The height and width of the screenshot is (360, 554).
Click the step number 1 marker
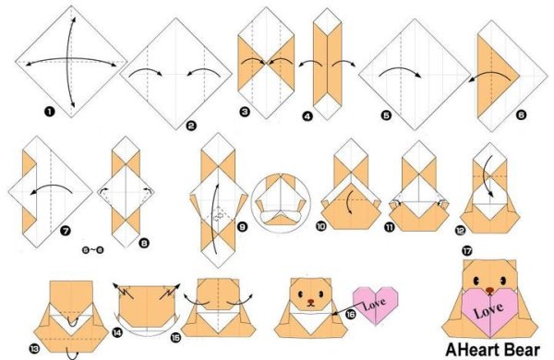pos(50,112)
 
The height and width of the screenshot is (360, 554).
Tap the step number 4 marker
pos(307,116)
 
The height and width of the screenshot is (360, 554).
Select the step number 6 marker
pos(521,115)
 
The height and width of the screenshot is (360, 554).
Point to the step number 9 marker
pos(242,226)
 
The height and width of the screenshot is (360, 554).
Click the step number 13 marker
pos(34,349)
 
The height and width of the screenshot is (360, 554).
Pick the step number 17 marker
pos(467,251)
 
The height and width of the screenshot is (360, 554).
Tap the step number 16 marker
pos(350,314)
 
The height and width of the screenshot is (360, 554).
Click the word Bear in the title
pos(521,350)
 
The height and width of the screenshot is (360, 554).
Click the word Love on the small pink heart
pos(374,303)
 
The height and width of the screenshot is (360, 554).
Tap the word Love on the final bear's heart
pos(488,310)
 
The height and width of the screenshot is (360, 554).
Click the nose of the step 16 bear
pos(310,303)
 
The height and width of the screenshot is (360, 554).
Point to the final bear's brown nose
pos(489,291)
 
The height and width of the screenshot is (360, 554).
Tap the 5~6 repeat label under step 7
pos(93,250)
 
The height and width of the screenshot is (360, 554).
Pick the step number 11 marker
pos(390,228)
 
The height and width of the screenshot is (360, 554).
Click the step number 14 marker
pos(117,332)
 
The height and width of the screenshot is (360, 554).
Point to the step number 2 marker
pos(191,126)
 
